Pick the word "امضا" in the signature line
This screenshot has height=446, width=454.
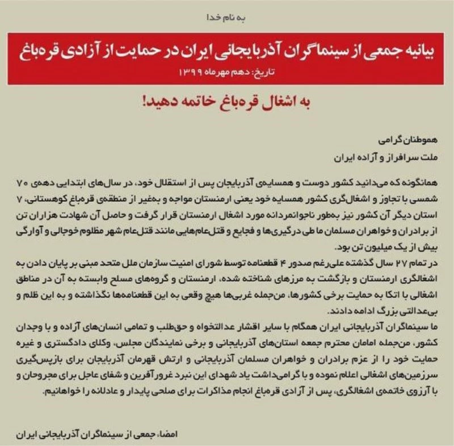(433, 435)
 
